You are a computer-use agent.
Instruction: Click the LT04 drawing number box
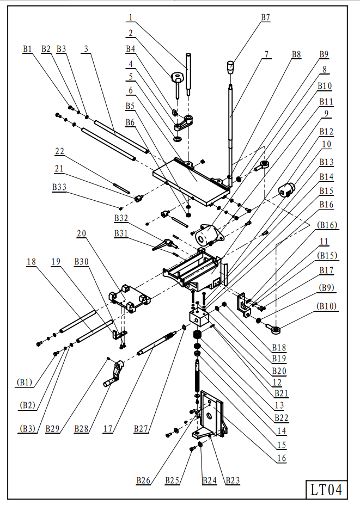[x=326, y=490]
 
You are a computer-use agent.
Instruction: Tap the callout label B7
[x=265, y=17]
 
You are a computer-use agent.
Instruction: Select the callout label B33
[x=59, y=187]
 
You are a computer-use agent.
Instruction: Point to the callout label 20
[x=81, y=233]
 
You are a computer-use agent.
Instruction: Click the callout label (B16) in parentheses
[x=327, y=225]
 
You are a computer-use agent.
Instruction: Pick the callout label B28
[x=81, y=429]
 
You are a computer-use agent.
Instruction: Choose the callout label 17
[x=108, y=429]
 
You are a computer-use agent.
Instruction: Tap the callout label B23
[x=233, y=481]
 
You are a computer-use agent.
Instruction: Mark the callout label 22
[x=59, y=151]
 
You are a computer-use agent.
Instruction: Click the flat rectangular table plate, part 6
[x=192, y=182]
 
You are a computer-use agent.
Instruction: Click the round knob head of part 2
[x=176, y=77]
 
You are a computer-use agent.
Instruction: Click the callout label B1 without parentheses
[x=27, y=49]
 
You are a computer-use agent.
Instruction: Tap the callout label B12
[x=326, y=132]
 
